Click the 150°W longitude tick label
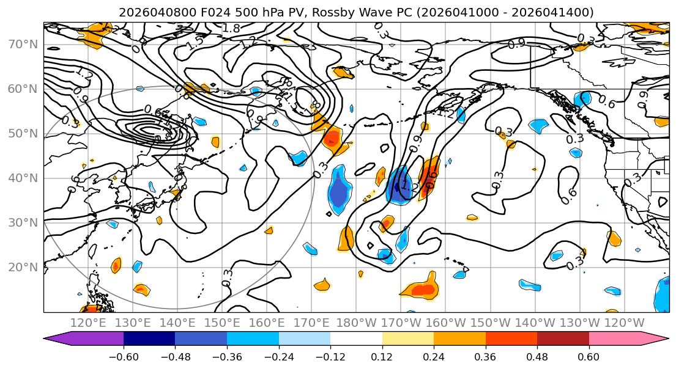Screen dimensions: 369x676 pyautogui.click(x=491, y=322)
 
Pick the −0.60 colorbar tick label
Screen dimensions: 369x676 pyautogui.click(x=124, y=356)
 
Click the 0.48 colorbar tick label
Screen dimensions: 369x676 pyautogui.click(x=537, y=356)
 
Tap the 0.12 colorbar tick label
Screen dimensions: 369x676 pyautogui.click(x=382, y=356)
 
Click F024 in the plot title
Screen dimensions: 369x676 pyautogui.click(x=214, y=12)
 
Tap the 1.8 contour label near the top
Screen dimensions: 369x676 pyautogui.click(x=231, y=28)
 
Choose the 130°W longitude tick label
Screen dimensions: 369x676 pyautogui.click(x=580, y=322)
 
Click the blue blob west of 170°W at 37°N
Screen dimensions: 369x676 pyautogui.click(x=338, y=191)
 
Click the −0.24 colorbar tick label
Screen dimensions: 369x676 pyautogui.click(x=279, y=356)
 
